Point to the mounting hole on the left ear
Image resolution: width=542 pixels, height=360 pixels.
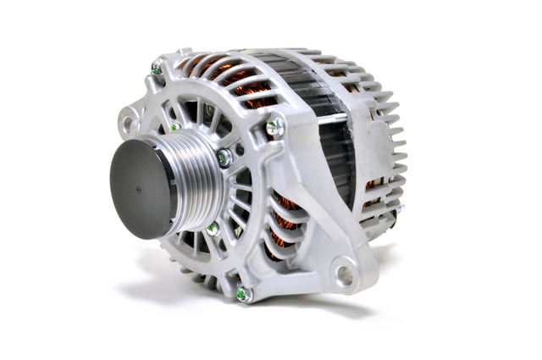(x=128, y=124)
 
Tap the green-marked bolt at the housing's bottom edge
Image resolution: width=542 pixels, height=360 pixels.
(x=242, y=294)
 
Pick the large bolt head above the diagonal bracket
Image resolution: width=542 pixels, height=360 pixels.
(x=274, y=127)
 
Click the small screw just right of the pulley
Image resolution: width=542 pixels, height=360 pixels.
(x=224, y=158)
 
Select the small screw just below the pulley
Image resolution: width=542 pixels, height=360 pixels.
(x=213, y=229)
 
